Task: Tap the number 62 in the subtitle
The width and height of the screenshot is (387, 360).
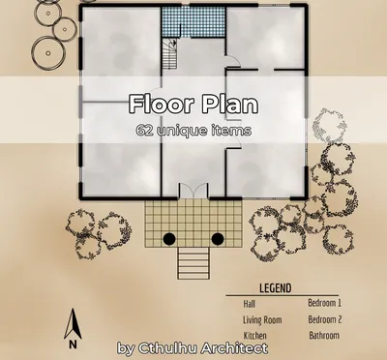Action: pyautogui.click(x=146, y=129)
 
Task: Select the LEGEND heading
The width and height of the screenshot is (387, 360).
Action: pyautogui.click(x=276, y=288)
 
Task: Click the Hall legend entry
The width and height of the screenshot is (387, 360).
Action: pyautogui.click(x=250, y=303)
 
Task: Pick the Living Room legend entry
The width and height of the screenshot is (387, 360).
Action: pyautogui.click(x=261, y=319)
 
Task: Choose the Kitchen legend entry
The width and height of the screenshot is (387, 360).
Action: pyautogui.click(x=254, y=336)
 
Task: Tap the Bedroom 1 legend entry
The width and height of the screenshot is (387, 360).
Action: pyautogui.click(x=324, y=303)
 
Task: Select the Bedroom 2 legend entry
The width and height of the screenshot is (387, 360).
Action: pyautogui.click(x=324, y=319)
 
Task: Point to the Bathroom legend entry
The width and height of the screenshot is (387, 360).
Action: pyautogui.click(x=323, y=336)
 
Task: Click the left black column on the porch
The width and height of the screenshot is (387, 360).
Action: pyautogui.click(x=168, y=238)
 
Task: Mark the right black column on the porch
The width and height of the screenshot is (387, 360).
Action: pyautogui.click(x=218, y=238)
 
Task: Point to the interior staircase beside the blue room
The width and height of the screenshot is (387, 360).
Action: pyautogui.click(x=170, y=54)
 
